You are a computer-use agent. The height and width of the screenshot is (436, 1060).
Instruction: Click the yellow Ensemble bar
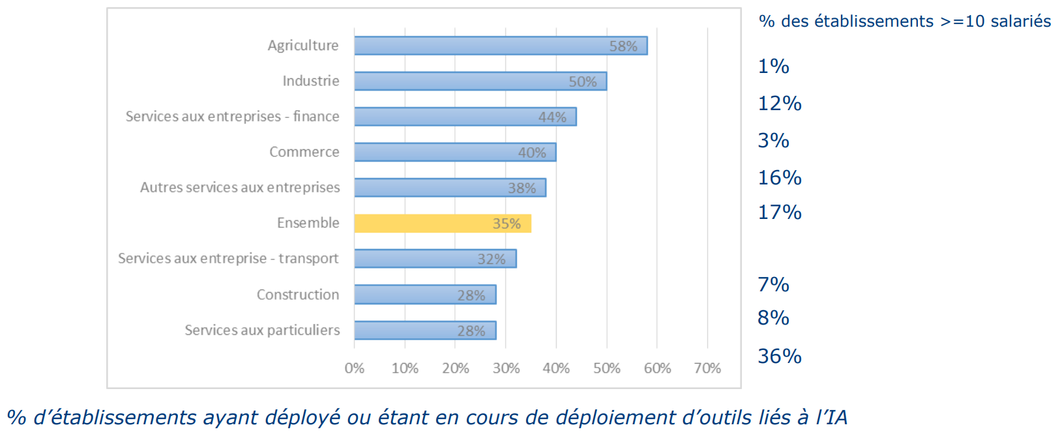(442, 224)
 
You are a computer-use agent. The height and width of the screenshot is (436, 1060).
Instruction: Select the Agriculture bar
(500, 46)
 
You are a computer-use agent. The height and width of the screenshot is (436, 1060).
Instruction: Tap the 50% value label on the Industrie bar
(582, 81)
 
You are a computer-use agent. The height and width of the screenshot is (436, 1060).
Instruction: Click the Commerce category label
(304, 152)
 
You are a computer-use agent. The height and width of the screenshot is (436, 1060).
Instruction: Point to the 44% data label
(552, 117)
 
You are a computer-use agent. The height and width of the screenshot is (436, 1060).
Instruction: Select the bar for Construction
(425, 295)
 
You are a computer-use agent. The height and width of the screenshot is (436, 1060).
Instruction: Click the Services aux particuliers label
(262, 330)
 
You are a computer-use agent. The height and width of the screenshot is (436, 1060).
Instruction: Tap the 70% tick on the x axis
(707, 368)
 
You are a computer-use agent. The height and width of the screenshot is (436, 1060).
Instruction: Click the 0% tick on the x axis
(354, 368)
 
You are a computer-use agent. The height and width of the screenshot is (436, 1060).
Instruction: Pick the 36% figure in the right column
(779, 356)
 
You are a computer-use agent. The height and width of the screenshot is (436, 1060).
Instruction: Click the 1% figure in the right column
(773, 66)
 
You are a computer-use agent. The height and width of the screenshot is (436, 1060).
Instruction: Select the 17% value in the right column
(779, 212)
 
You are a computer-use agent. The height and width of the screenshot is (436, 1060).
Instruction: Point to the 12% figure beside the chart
(779, 104)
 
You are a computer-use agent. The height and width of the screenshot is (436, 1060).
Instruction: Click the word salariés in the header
(1020, 22)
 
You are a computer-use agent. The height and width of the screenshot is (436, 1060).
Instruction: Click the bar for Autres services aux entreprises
(450, 188)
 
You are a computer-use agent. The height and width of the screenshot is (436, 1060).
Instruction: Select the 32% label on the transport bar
(491, 259)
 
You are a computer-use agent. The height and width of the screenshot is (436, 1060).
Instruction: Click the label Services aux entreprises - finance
(232, 117)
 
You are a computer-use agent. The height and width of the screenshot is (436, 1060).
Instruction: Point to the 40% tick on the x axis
(556, 368)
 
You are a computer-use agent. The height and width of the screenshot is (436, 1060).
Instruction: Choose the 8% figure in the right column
(773, 318)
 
